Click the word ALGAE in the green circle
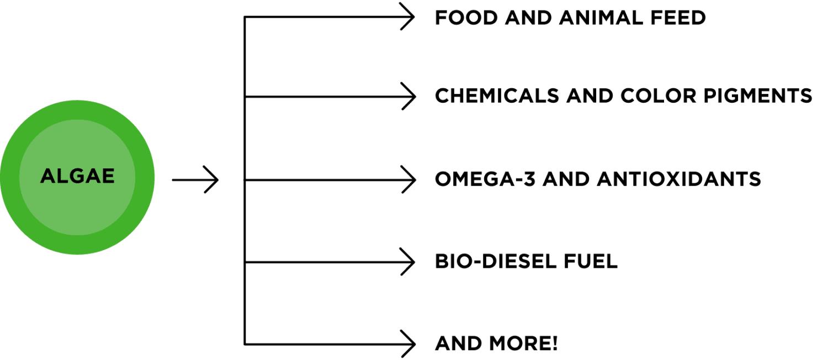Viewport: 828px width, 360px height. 77,177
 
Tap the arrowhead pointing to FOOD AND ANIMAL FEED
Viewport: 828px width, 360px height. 408,17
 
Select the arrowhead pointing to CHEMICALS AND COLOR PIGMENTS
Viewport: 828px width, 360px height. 408,97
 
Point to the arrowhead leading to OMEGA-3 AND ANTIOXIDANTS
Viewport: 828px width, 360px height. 408,179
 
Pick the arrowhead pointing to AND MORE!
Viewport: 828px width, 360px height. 408,344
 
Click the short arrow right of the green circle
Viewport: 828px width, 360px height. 196,179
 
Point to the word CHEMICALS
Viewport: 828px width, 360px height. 496,96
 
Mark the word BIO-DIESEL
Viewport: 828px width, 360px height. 494,261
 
